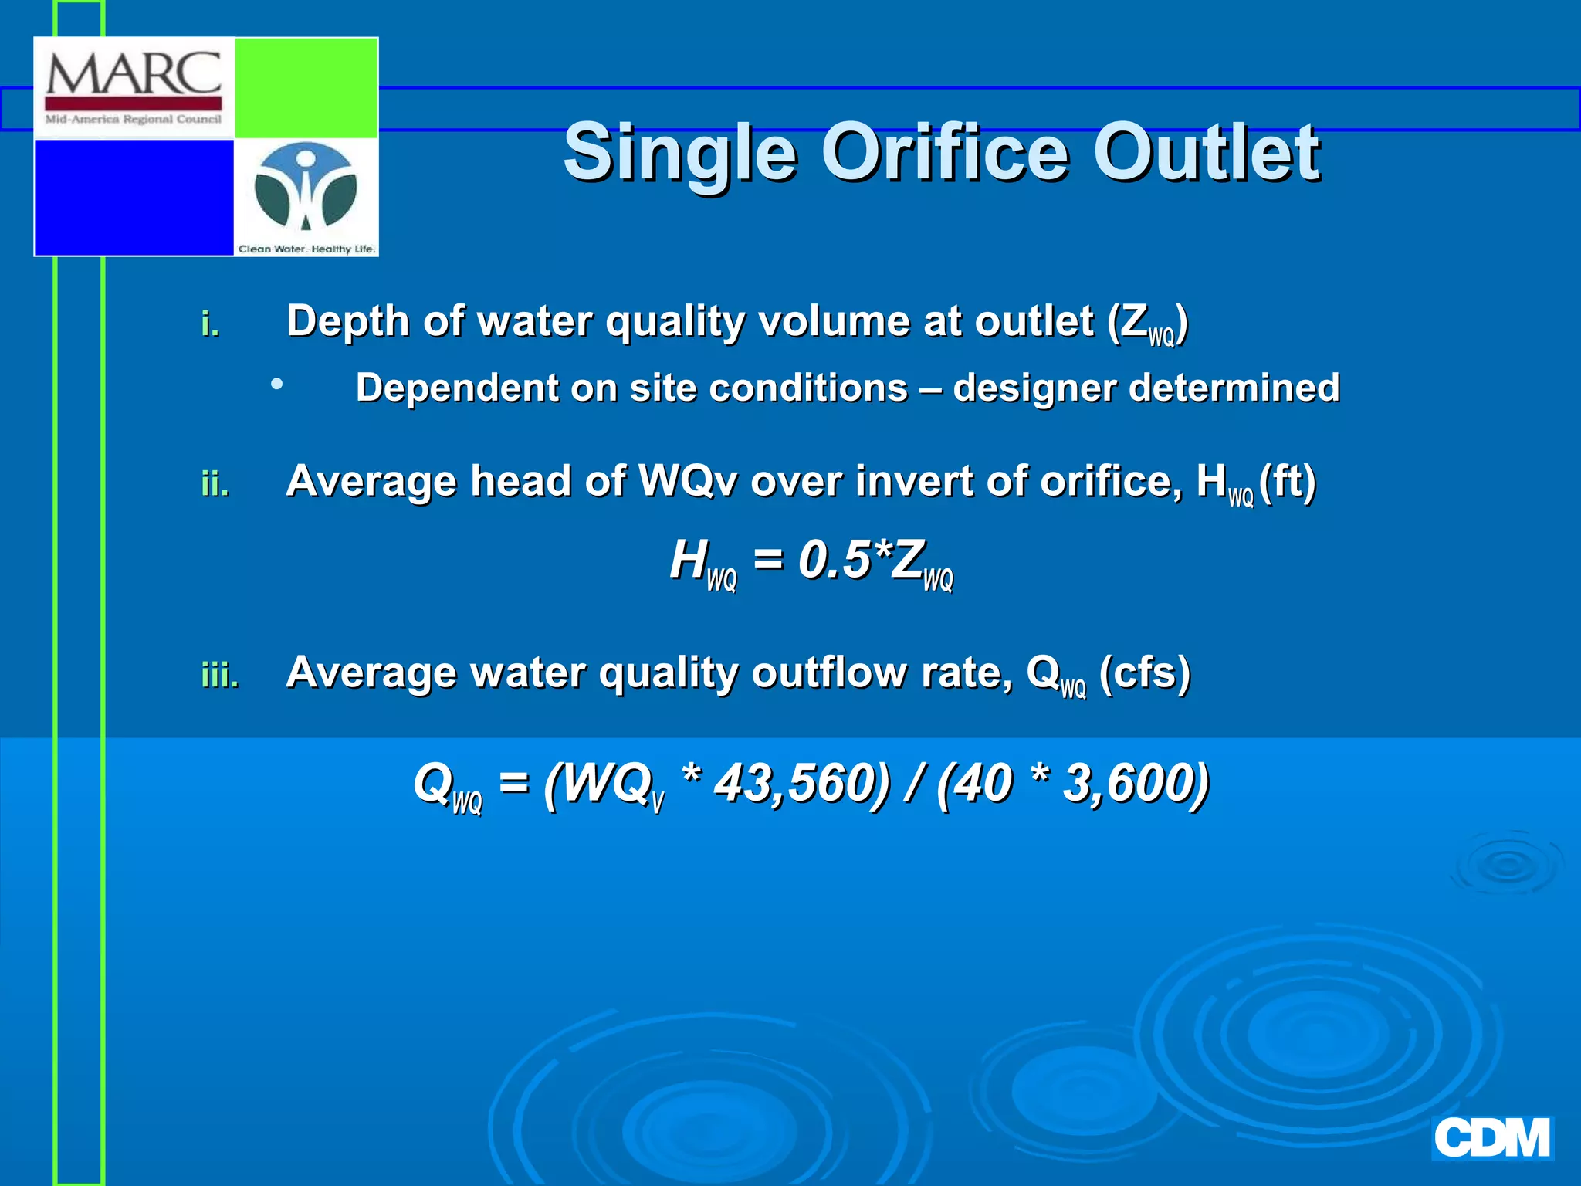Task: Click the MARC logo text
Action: [x=134, y=75]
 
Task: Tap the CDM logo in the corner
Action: [x=1491, y=1139]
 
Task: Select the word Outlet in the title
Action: [x=1206, y=152]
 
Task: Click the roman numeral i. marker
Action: [x=210, y=324]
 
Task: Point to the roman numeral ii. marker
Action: [x=215, y=485]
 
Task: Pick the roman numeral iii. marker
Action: [x=220, y=676]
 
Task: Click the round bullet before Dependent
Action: [x=276, y=383]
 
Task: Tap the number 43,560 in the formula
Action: [x=801, y=783]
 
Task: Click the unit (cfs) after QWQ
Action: [x=1144, y=673]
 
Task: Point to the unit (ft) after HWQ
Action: [x=1287, y=482]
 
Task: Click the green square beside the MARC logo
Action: [x=306, y=88]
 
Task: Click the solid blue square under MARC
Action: [x=134, y=197]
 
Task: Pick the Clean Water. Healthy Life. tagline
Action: [x=306, y=249]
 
